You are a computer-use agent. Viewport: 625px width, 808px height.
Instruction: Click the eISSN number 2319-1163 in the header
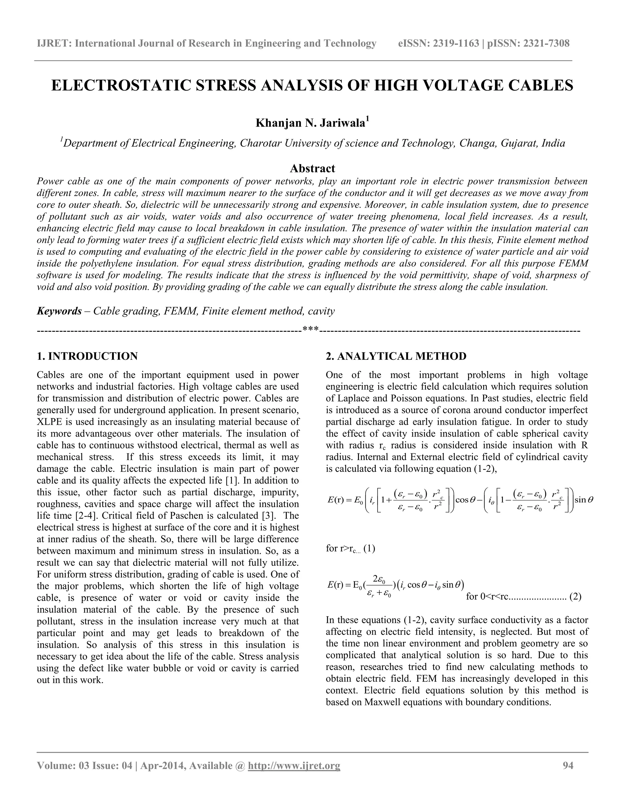(456, 44)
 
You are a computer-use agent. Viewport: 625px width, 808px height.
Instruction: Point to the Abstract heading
(312, 168)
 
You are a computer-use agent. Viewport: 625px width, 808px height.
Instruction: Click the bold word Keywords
(59, 311)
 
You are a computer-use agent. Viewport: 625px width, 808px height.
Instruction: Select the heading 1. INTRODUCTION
(87, 356)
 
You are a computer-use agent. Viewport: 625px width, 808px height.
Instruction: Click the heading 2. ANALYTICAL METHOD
(396, 356)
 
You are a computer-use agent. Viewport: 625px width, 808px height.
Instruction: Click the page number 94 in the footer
(568, 765)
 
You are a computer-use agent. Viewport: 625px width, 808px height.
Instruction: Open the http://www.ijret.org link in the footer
(294, 765)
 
